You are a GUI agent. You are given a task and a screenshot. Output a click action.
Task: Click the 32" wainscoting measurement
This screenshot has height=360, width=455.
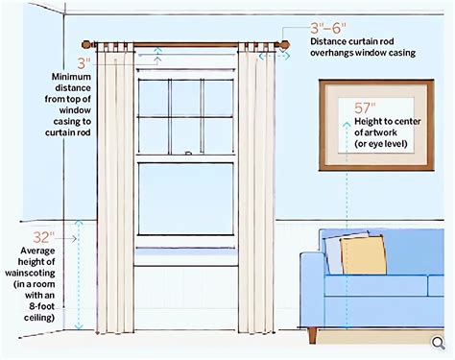(x=44, y=237)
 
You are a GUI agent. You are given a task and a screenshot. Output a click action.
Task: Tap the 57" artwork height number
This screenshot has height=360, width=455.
(x=365, y=108)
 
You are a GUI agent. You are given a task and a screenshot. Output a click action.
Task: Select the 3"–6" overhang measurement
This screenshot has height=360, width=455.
(x=328, y=28)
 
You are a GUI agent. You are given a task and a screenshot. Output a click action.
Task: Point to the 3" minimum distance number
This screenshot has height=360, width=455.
(x=84, y=63)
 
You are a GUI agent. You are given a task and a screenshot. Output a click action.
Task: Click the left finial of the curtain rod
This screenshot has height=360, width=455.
(x=86, y=44)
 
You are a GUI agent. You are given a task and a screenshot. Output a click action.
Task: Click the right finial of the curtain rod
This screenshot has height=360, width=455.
(x=284, y=44)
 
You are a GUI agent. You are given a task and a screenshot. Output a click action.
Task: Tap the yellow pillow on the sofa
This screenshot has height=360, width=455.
(x=364, y=255)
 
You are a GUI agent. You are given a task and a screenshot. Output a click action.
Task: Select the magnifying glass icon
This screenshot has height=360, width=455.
(x=439, y=343)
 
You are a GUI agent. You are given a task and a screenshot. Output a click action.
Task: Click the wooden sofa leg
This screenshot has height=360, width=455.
(x=313, y=335)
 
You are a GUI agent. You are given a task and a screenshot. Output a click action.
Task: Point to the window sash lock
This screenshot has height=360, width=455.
(x=189, y=153)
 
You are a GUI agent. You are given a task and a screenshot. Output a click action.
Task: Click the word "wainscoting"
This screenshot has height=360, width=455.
(x=30, y=274)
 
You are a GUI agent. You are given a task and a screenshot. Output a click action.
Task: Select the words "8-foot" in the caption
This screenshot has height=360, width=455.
(x=42, y=306)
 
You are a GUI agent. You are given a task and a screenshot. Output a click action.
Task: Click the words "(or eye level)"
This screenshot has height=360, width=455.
(x=381, y=144)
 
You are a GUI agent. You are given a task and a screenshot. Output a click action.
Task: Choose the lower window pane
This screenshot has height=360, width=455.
(x=186, y=199)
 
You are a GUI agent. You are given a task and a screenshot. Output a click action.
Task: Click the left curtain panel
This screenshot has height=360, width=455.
(x=115, y=189)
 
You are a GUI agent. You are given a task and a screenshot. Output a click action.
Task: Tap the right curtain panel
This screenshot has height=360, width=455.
(x=256, y=189)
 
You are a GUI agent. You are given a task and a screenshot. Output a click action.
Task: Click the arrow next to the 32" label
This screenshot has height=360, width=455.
(x=67, y=239)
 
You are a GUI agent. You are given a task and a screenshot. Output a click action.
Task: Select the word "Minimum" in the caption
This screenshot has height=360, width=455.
(x=71, y=77)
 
